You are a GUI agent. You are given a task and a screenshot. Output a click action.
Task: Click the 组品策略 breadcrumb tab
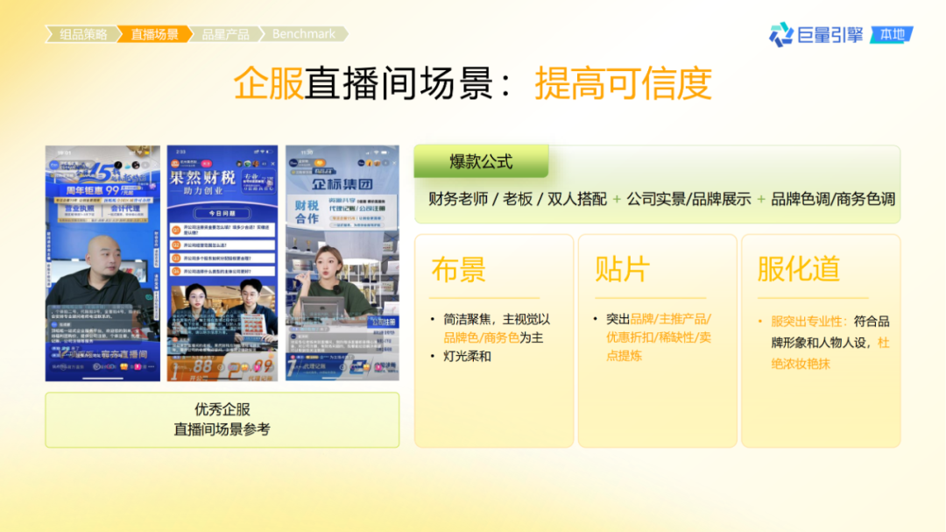click(x=83, y=34)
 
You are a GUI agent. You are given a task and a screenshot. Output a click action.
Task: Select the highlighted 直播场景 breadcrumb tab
click(x=154, y=34)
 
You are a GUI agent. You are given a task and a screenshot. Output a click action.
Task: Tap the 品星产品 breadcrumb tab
click(x=225, y=34)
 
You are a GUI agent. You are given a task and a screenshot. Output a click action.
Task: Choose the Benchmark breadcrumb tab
click(x=303, y=34)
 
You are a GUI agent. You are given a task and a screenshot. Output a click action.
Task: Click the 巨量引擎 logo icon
click(x=780, y=35)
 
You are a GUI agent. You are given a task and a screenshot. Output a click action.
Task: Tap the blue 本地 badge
click(x=892, y=35)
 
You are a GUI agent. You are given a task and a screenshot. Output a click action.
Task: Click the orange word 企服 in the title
click(x=268, y=84)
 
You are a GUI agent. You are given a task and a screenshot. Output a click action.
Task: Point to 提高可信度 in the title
click(x=623, y=84)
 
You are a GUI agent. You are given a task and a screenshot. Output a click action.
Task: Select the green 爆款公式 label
click(x=481, y=162)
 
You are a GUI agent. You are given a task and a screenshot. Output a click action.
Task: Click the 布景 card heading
click(x=458, y=269)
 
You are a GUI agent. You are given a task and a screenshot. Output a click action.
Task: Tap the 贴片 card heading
click(x=621, y=269)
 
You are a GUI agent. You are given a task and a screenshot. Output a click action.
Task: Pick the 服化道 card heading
click(x=798, y=269)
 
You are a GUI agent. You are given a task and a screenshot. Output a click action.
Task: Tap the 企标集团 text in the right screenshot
click(x=342, y=185)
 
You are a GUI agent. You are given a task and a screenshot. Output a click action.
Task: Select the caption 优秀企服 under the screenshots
click(x=222, y=409)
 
